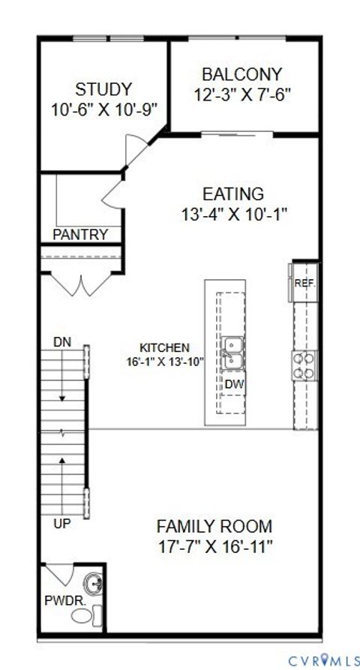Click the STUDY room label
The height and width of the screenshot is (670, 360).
tap(103, 89)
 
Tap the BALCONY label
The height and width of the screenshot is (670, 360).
tap(241, 74)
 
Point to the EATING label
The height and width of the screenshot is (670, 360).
tap(234, 194)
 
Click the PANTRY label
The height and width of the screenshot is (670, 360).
tap(79, 235)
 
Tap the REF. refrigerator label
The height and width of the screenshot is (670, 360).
tap(304, 283)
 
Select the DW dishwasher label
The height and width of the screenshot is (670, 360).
tap(233, 383)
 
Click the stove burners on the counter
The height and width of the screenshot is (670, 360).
tap(304, 367)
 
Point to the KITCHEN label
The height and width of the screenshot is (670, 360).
tap(164, 348)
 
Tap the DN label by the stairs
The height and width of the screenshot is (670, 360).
tap(63, 342)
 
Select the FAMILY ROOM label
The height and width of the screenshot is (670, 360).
tap(214, 526)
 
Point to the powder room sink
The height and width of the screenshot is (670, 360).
tap(93, 583)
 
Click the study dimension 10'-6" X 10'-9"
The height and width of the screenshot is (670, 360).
tap(103, 109)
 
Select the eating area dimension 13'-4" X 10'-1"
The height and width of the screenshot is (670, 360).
tap(234, 214)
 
